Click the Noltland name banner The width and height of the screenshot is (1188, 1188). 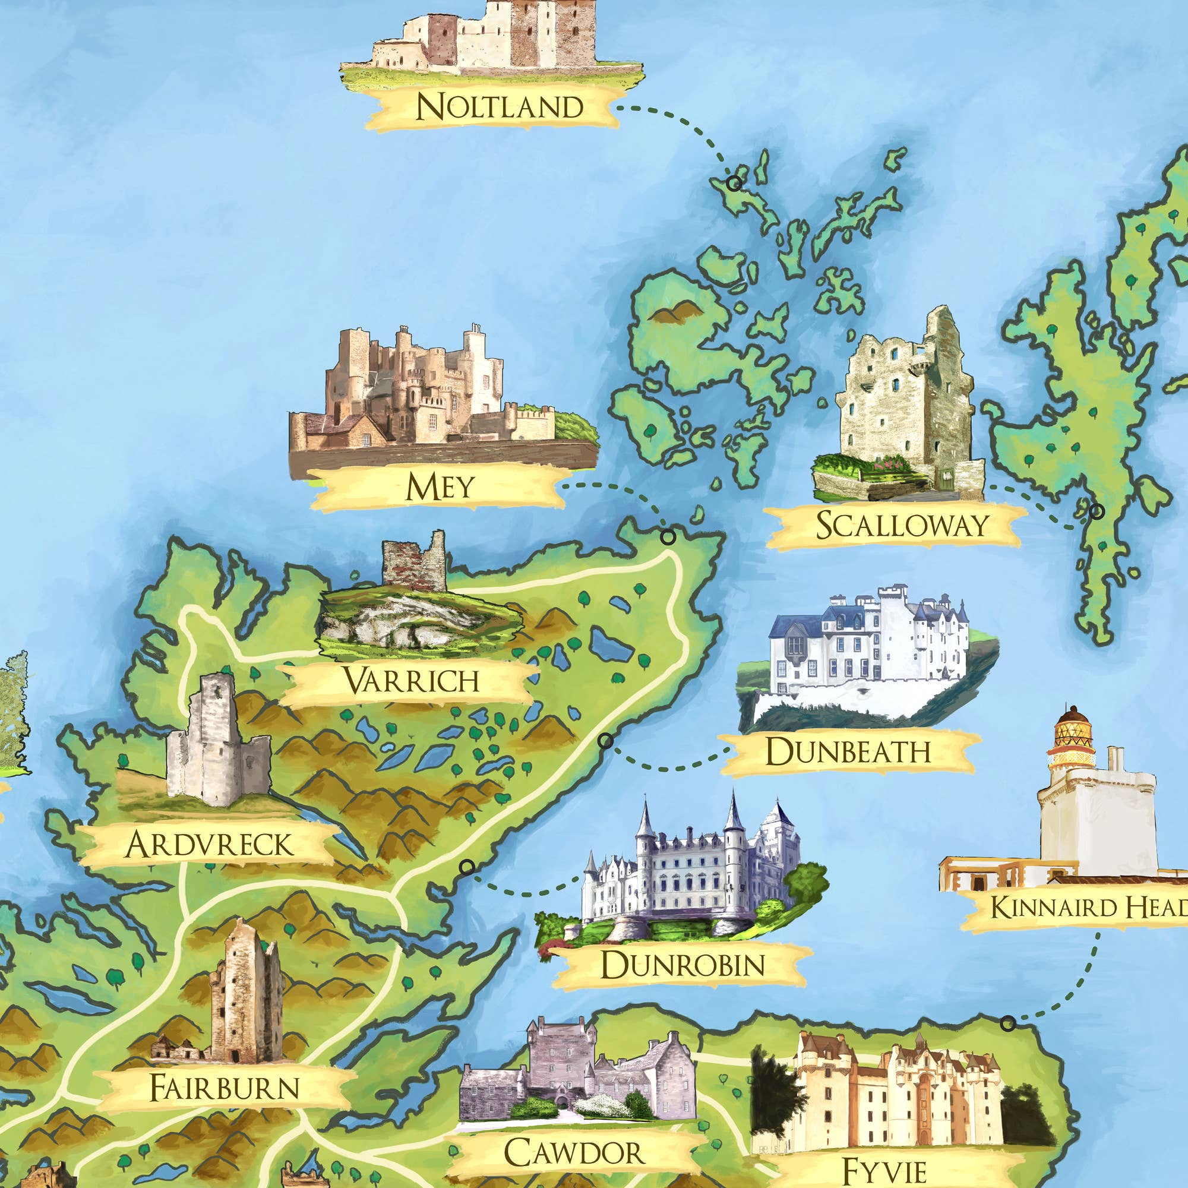click(498, 108)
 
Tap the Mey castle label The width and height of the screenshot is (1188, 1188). click(440, 487)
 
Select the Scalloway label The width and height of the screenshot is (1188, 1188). click(902, 525)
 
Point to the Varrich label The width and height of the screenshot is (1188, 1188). click(411, 681)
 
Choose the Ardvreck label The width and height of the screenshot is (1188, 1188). click(209, 845)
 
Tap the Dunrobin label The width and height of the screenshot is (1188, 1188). click(683, 964)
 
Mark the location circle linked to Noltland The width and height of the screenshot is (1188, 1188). click(733, 182)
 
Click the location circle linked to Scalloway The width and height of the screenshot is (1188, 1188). click(1097, 511)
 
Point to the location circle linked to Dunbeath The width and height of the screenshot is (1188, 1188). click(606, 741)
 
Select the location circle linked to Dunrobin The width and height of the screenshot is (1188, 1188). click(467, 867)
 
